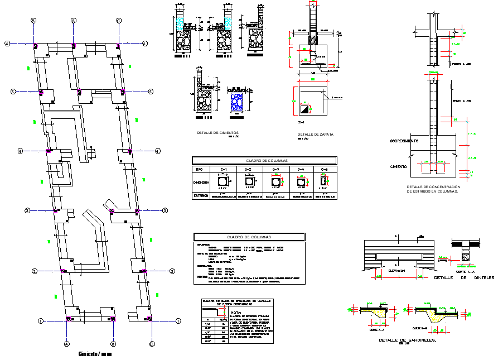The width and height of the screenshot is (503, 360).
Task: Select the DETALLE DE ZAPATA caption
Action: pyautogui.click(x=316, y=135)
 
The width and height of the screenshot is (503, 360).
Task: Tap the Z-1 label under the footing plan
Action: pyautogui.click(x=301, y=122)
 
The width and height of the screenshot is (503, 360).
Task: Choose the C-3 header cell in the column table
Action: pyautogui.click(x=275, y=169)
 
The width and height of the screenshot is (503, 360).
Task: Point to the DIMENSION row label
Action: pyautogui.click(x=201, y=182)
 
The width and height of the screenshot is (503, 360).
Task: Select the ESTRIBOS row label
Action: pyautogui.click(x=201, y=195)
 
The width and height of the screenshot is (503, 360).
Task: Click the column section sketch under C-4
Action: pyautogui.click(x=301, y=181)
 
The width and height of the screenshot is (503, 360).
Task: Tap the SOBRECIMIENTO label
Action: pyautogui.click(x=405, y=140)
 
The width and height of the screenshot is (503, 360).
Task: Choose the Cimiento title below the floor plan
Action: pyautogui.click(x=95, y=354)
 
